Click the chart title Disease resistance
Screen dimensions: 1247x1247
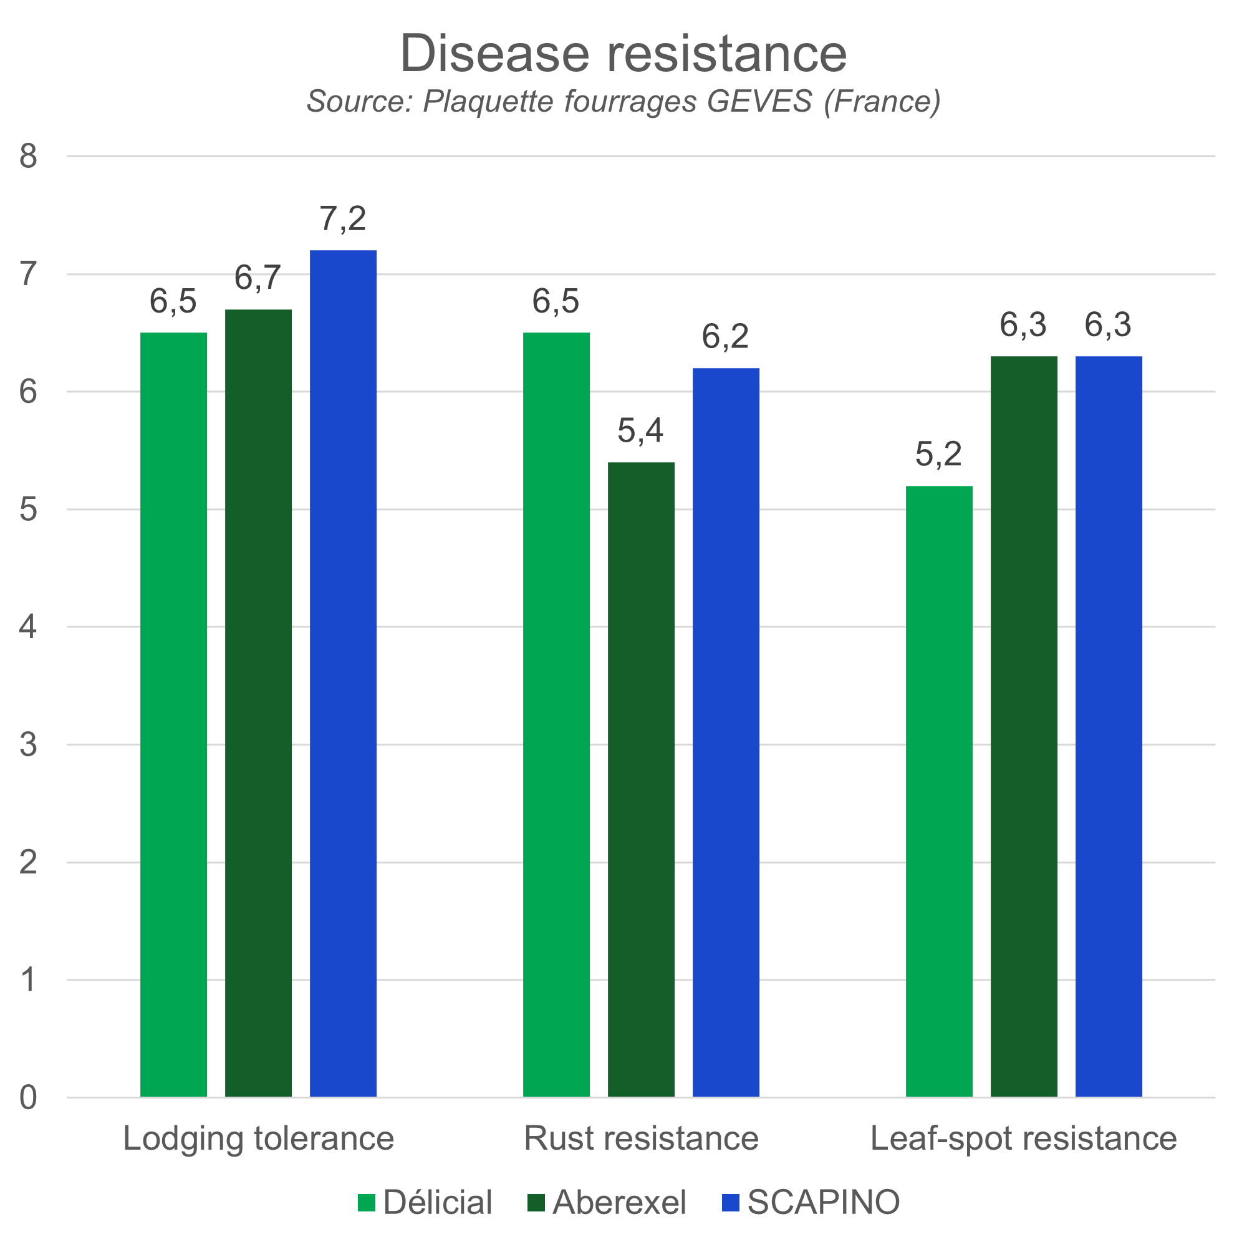623,53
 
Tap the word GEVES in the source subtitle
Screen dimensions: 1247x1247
759,102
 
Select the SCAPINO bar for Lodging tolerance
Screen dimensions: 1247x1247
344,672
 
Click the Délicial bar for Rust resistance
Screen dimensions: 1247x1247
556,714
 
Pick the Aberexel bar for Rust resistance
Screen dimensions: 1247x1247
641,778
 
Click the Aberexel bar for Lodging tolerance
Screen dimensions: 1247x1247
258,702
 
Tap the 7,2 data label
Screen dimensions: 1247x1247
343,219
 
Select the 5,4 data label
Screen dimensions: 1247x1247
640,430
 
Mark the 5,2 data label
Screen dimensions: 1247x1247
938,454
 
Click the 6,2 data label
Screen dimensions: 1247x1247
726,336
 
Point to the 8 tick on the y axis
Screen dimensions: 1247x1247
29,157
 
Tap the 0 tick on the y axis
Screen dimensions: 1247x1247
29,1097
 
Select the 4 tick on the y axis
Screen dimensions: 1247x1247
29,627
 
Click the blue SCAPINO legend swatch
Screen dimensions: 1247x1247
730,1203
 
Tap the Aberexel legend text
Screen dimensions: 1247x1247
619,1203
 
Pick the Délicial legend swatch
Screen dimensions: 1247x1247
367,1203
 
